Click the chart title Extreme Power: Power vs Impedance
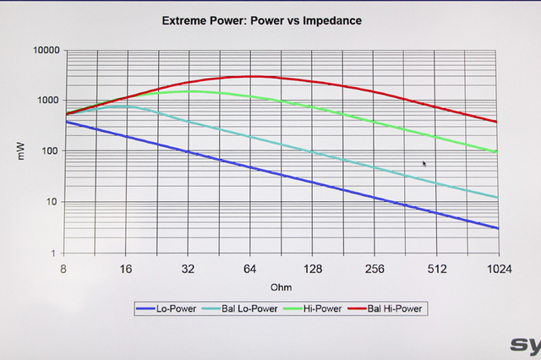(x=261, y=19)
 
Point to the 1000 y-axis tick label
(x=48, y=101)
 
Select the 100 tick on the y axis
(x=51, y=152)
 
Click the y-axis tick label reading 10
(x=52, y=203)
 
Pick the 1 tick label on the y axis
(x=55, y=254)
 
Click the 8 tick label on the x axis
(x=63, y=269)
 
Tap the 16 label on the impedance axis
(x=125, y=269)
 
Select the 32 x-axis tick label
(x=188, y=269)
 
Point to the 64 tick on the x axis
(x=250, y=269)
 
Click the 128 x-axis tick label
(x=312, y=269)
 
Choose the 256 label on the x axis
(x=374, y=269)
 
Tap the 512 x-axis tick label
(x=436, y=269)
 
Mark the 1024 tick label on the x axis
(x=497, y=269)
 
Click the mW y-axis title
(x=25, y=152)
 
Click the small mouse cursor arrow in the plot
(x=424, y=164)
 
